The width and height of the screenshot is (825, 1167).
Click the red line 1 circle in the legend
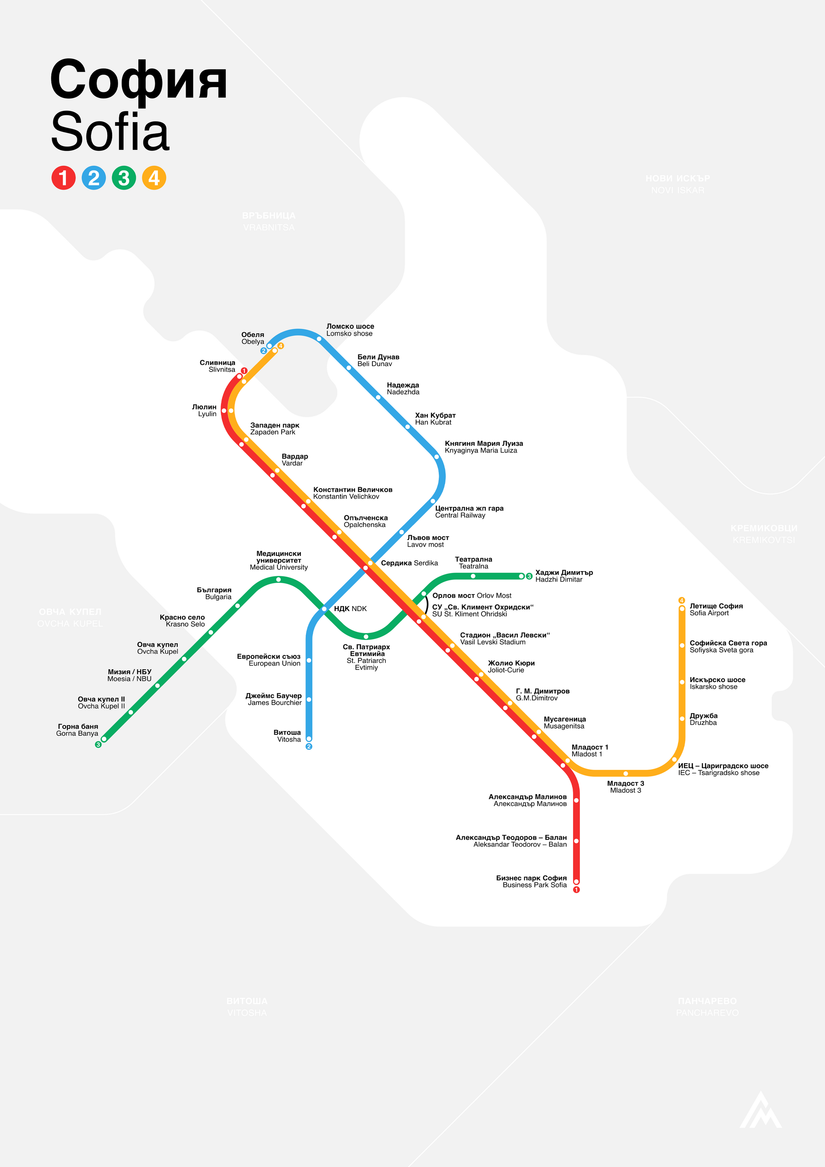(63, 178)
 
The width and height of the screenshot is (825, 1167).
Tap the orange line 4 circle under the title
(154, 178)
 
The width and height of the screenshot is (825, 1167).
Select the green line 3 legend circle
(124, 178)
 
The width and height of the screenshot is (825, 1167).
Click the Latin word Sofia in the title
(110, 132)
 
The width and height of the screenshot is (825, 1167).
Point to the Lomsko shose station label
(350, 330)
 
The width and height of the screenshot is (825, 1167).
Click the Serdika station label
(409, 563)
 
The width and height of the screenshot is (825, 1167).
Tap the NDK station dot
(324, 608)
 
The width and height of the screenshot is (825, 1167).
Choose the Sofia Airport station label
(716, 609)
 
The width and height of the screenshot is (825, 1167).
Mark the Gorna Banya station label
(77, 730)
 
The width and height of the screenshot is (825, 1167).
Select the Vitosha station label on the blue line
(288, 736)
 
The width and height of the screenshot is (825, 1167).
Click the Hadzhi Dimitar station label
(564, 576)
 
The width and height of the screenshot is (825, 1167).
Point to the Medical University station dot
(279, 579)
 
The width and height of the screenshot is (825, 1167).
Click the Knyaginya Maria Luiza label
(483, 447)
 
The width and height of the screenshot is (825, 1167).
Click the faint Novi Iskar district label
(678, 184)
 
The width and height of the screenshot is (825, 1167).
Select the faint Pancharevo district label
(707, 1006)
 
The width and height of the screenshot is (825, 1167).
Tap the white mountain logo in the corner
(760, 1111)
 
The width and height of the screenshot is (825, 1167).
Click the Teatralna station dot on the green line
(473, 576)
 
